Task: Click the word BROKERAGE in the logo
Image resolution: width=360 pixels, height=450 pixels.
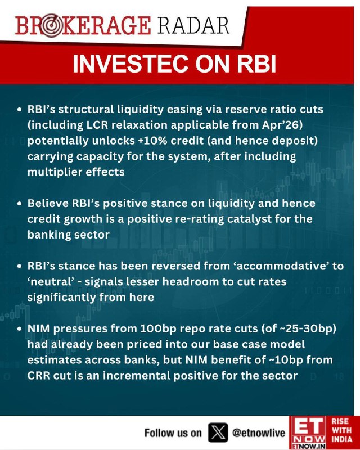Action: [83, 26]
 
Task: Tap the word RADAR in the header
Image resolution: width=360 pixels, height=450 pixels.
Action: [193, 26]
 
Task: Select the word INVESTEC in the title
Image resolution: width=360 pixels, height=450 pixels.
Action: [130, 64]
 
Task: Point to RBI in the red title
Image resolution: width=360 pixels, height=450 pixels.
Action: [256, 64]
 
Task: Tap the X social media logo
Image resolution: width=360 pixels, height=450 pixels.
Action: [218, 433]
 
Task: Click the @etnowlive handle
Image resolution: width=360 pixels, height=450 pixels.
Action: [259, 433]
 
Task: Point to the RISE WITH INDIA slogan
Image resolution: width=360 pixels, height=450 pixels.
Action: [341, 430]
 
